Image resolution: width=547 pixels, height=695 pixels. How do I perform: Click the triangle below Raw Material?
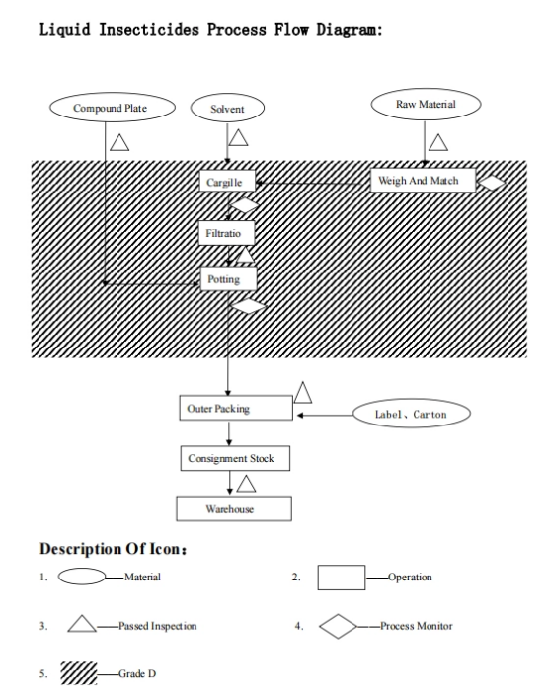coord(438,143)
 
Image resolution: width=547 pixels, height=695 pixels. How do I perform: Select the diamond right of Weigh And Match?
coord(491,183)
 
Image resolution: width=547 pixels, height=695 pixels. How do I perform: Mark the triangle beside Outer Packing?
coord(303,393)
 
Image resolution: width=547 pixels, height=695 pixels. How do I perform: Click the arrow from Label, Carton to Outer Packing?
coord(325,416)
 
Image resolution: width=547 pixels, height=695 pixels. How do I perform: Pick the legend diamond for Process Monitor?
coord(338,626)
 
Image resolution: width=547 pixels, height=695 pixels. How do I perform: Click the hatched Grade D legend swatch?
coord(78,673)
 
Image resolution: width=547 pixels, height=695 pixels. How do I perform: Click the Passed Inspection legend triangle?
coord(82,624)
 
